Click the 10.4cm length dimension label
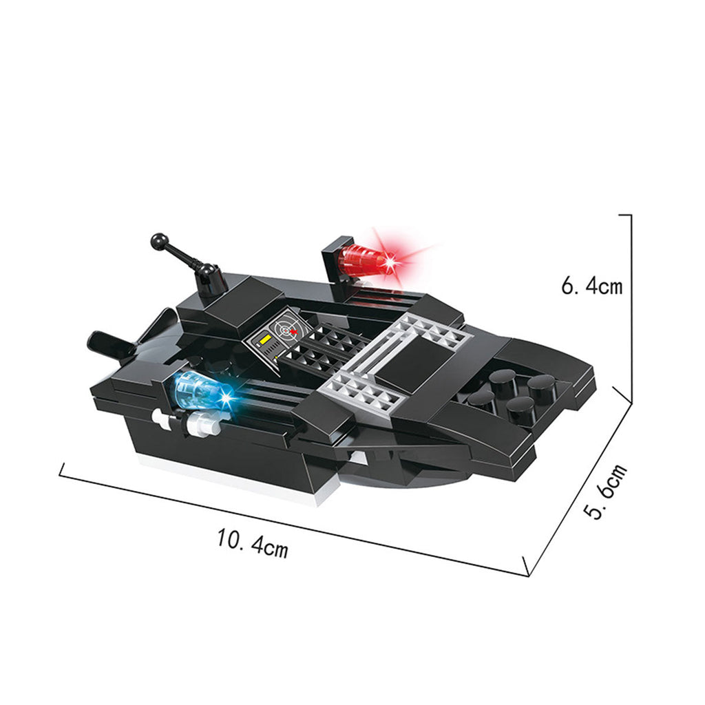tap(252, 543)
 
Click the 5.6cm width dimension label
tap(604, 491)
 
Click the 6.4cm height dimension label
tap(591, 286)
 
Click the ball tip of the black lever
tap(159, 242)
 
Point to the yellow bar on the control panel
tap(264, 339)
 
